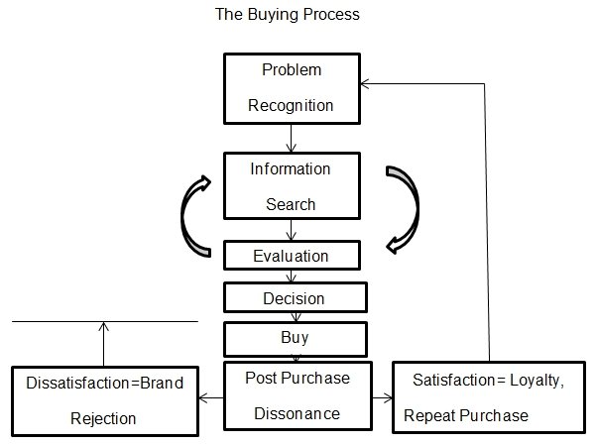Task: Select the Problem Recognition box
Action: click(291, 87)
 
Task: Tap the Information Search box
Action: click(291, 185)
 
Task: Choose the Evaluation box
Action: click(291, 256)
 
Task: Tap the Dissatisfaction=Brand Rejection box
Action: click(103, 398)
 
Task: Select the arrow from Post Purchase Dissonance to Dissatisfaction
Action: click(211, 398)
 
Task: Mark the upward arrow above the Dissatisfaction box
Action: click(102, 343)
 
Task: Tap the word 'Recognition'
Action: click(291, 104)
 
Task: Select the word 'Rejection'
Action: click(103, 418)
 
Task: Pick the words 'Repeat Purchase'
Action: click(466, 416)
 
